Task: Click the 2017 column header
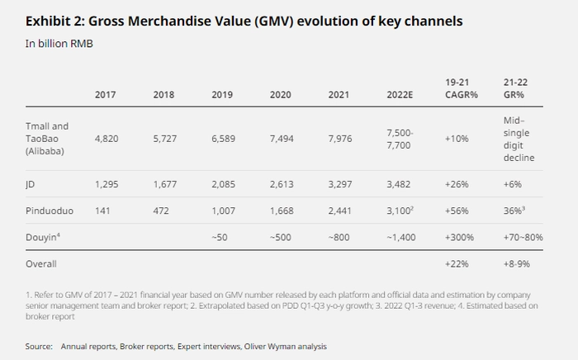[106, 94]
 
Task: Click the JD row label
[31, 183]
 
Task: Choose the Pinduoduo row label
[50, 211]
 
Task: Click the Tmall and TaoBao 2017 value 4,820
[107, 139]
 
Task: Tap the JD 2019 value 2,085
[223, 183]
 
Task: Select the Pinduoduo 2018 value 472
[163, 211]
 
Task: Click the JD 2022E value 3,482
[398, 183]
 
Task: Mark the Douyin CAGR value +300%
[458, 238]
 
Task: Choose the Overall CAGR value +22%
[457, 264]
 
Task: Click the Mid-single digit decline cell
[519, 139]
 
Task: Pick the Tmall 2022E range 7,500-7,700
[399, 139]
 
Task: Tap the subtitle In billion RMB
[59, 43]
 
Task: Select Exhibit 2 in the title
[56, 21]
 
